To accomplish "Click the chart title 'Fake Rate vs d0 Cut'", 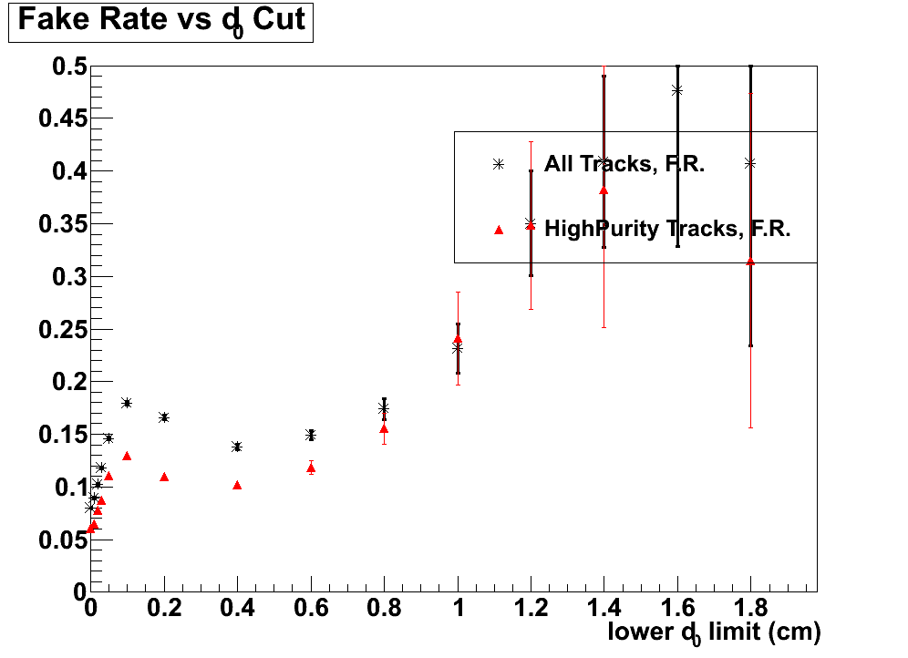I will (160, 21).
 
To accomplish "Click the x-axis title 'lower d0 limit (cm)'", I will (714, 632).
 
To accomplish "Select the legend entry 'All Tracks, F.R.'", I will (624, 164).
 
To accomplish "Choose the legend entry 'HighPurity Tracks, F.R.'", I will (666, 228).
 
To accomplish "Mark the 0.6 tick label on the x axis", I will (311, 608).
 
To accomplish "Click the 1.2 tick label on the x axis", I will (531, 608).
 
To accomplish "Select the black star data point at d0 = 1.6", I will (677, 90).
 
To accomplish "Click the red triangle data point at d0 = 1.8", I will (750, 262).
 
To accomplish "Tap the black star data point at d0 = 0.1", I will (127, 403).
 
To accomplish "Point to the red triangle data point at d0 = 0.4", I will (237, 486).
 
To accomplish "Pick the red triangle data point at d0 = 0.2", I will (164, 477).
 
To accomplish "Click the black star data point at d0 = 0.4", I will (237, 447).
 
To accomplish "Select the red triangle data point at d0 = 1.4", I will (604, 190).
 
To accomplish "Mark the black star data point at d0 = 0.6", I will (311, 435).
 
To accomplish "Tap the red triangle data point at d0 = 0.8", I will (384, 428).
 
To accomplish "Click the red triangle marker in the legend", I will (499, 230).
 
